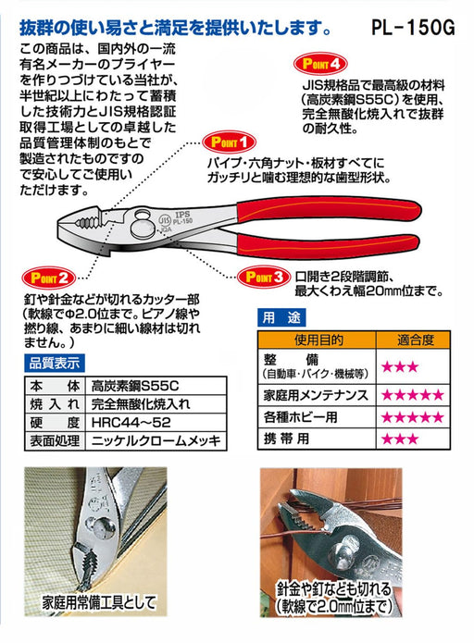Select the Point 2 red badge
[x=48, y=278]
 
